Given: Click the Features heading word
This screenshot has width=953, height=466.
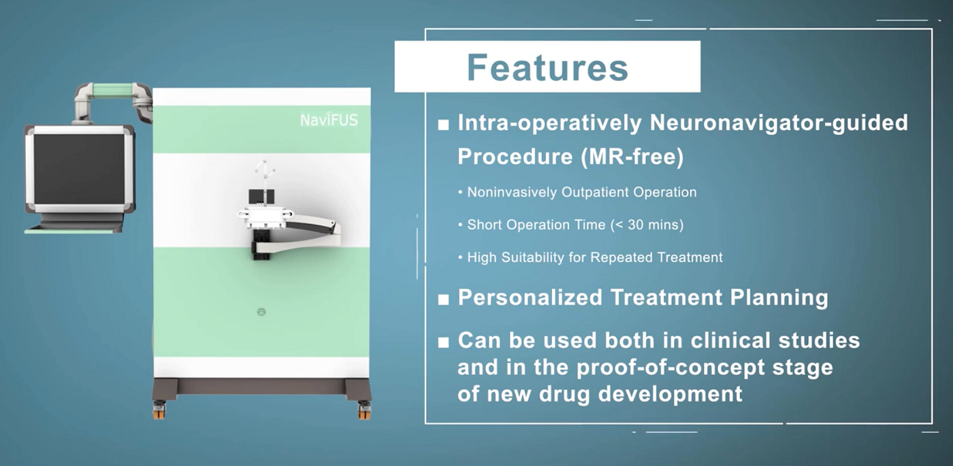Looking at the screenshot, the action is pyautogui.click(x=547, y=67).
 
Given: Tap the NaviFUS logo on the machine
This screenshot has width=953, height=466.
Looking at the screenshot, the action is pyautogui.click(x=329, y=120).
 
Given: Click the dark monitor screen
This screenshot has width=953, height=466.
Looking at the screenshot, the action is pyautogui.click(x=79, y=169).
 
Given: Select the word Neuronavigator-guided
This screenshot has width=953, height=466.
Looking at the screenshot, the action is pyautogui.click(x=779, y=124).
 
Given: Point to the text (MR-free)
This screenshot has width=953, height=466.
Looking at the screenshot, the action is pyautogui.click(x=632, y=157).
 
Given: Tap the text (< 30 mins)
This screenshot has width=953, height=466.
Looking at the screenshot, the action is pyautogui.click(x=647, y=224).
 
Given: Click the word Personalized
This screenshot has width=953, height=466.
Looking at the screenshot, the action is pyautogui.click(x=530, y=297).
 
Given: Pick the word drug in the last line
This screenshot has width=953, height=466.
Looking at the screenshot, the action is pyautogui.click(x=565, y=395).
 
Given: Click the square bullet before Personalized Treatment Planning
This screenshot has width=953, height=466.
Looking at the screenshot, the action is pyautogui.click(x=443, y=300).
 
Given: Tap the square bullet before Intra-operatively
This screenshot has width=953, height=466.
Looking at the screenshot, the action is pyautogui.click(x=443, y=124).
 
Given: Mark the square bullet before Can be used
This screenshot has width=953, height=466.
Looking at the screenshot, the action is pyautogui.click(x=443, y=342).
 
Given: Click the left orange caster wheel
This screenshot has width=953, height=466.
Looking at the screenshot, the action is pyautogui.click(x=159, y=410).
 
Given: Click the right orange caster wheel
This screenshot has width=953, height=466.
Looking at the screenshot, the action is pyautogui.click(x=364, y=410).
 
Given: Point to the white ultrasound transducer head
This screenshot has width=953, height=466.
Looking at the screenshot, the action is pyautogui.click(x=265, y=217).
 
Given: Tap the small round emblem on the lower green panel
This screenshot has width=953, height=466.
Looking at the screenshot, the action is pyautogui.click(x=261, y=312).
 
